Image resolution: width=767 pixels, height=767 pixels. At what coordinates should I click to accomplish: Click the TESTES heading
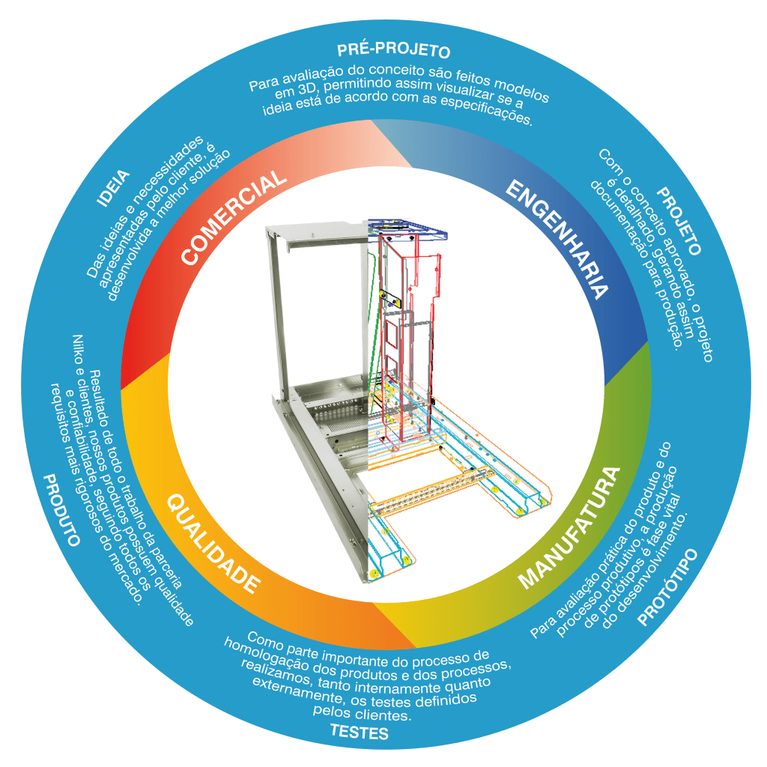[x=360, y=732]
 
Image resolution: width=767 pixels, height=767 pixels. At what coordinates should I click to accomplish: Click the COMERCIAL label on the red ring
[x=234, y=217]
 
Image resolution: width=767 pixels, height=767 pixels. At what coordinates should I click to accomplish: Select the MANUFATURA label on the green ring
[x=571, y=527]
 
